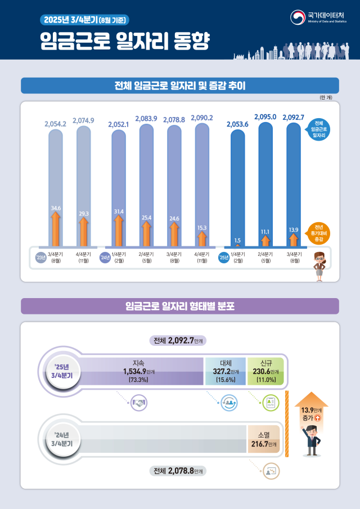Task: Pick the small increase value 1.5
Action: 237,240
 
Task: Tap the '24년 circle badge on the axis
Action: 105,258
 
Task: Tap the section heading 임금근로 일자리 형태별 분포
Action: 180,307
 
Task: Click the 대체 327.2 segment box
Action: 225,371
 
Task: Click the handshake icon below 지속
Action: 138,402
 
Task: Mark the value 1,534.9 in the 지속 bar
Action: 135,371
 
